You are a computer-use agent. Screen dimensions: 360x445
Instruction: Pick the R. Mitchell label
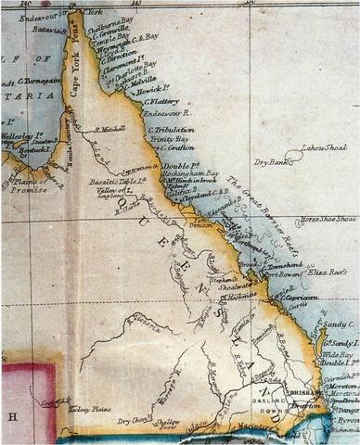click(110, 129)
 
